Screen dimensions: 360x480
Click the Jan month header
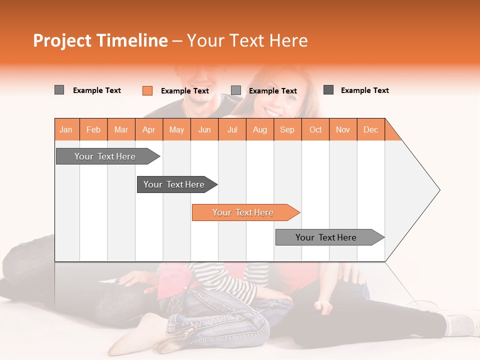66,129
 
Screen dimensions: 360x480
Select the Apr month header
149,129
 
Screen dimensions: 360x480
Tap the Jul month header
232,129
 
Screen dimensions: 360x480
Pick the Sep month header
287,129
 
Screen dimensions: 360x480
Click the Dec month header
370,129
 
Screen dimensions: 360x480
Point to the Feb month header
93,129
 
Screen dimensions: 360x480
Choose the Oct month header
315,129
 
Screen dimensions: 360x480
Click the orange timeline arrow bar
245,212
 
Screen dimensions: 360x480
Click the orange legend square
147,90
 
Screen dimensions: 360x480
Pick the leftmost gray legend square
59,90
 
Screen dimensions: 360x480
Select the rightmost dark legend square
328,90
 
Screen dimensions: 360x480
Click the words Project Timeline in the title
100,40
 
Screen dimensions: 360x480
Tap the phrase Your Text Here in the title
247,40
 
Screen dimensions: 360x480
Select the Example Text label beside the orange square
184,91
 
